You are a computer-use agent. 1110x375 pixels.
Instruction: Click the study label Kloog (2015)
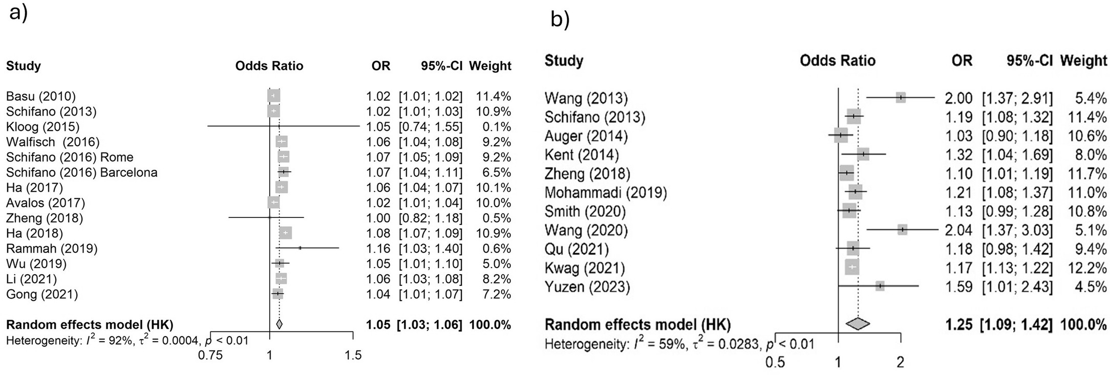point(42,126)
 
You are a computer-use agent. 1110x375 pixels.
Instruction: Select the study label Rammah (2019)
point(52,249)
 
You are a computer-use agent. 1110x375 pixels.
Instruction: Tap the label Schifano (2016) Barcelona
point(81,172)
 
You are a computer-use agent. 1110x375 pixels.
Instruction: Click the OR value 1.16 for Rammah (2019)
point(378,249)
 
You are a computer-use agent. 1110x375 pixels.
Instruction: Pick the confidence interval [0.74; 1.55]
point(430,126)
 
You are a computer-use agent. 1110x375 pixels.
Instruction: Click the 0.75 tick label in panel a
point(210,355)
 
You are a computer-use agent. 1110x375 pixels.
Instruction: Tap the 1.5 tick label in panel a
point(353,355)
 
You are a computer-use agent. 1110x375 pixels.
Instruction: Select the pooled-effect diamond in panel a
point(279,324)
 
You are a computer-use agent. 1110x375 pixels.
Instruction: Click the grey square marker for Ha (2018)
point(285,233)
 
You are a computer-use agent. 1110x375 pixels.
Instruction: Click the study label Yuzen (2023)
point(587,286)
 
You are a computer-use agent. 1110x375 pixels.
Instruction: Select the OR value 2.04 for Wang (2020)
point(958,230)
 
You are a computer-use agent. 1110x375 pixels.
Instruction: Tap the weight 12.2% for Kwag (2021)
point(1091,268)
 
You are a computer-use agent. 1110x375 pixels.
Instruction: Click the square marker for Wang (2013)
point(901,98)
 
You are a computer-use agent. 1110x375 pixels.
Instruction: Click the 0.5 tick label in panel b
point(775,362)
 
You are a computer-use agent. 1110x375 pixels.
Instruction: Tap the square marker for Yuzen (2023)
point(880,286)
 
